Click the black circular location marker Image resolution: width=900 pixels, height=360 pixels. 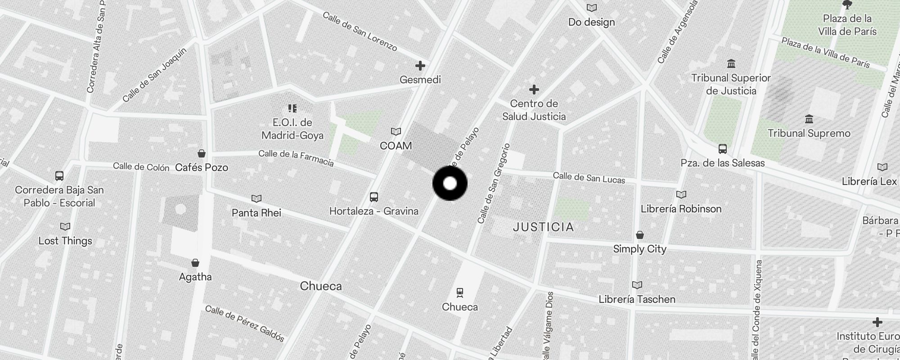click(x=450, y=184)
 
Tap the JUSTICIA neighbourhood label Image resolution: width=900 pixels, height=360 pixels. click(x=543, y=227)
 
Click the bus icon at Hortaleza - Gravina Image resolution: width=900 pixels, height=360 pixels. click(x=373, y=197)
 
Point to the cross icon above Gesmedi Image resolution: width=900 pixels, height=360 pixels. click(x=420, y=66)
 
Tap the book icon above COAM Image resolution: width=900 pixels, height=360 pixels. click(x=396, y=132)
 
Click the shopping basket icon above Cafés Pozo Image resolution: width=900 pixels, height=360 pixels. click(x=202, y=154)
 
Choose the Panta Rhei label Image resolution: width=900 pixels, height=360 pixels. click(x=256, y=212)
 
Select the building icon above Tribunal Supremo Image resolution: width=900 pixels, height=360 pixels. click(x=809, y=119)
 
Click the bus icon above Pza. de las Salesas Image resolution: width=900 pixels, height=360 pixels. click(x=722, y=149)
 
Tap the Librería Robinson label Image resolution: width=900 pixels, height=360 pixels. click(x=681, y=209)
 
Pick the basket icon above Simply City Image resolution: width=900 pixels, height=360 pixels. click(x=639, y=235)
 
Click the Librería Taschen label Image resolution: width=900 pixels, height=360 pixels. click(x=637, y=299)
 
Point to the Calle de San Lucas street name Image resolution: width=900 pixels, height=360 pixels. click(x=589, y=178)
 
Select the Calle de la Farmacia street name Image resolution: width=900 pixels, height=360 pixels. click(x=296, y=158)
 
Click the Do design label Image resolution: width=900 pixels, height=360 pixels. click(x=591, y=22)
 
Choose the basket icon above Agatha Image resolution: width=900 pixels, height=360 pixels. click(x=195, y=263)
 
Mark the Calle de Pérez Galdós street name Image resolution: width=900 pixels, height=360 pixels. click(x=245, y=323)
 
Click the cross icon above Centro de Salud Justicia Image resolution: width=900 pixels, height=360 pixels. click(x=534, y=90)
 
